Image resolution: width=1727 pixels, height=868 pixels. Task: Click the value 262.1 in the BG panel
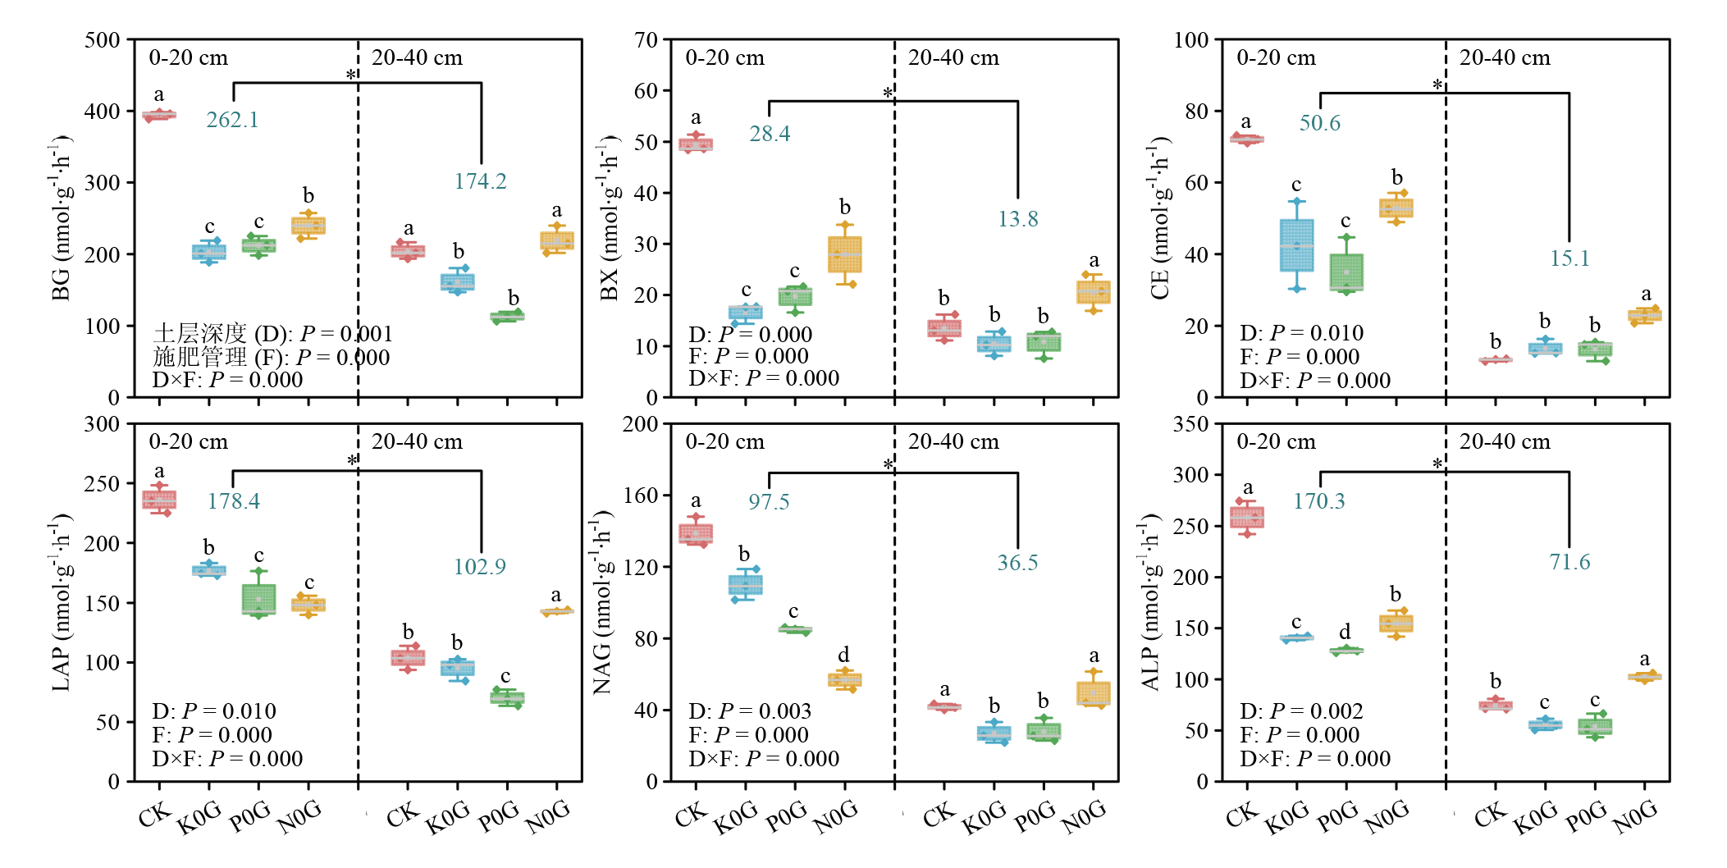click(x=232, y=120)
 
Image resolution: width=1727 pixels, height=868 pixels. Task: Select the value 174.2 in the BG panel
click(x=480, y=181)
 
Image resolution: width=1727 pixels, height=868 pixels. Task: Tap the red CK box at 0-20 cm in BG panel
click(x=159, y=116)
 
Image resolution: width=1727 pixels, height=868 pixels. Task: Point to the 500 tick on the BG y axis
click(x=103, y=40)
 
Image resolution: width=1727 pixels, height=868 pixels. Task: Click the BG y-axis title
click(x=61, y=219)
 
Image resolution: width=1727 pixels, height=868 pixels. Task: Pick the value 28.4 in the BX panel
click(x=770, y=134)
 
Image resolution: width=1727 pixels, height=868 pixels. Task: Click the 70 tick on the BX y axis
click(x=646, y=40)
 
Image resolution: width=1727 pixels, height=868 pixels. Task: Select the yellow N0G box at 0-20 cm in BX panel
click(x=845, y=254)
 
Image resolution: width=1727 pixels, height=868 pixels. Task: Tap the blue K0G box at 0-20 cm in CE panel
click(x=1296, y=245)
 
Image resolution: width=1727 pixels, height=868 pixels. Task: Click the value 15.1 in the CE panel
click(x=1569, y=258)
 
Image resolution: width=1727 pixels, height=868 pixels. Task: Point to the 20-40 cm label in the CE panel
click(x=1505, y=58)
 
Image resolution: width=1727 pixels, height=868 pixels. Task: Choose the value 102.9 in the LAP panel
click(x=480, y=567)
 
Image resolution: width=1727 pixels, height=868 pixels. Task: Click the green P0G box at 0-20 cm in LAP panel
click(x=258, y=599)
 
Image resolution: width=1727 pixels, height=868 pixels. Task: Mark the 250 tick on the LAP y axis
click(x=103, y=484)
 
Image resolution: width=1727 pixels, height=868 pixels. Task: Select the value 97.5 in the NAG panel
click(x=769, y=502)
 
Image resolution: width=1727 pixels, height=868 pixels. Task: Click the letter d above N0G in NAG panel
click(x=843, y=655)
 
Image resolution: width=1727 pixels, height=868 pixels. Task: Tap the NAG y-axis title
click(x=603, y=602)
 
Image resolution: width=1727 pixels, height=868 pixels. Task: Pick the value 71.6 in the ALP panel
click(x=1569, y=562)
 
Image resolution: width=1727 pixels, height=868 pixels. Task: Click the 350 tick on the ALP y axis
click(x=1190, y=424)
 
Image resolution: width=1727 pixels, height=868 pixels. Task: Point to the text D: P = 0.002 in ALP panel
click(x=1301, y=711)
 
